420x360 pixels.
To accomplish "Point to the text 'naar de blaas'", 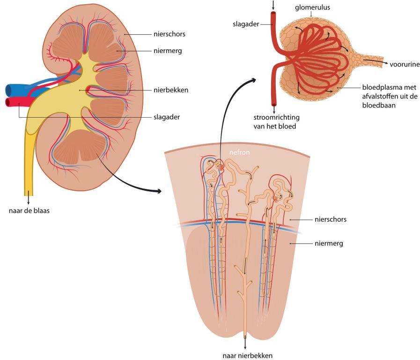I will pos(29,210).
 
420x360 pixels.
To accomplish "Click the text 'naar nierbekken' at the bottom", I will pos(248,355).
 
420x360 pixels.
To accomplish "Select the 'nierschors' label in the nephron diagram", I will pos(331,219).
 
